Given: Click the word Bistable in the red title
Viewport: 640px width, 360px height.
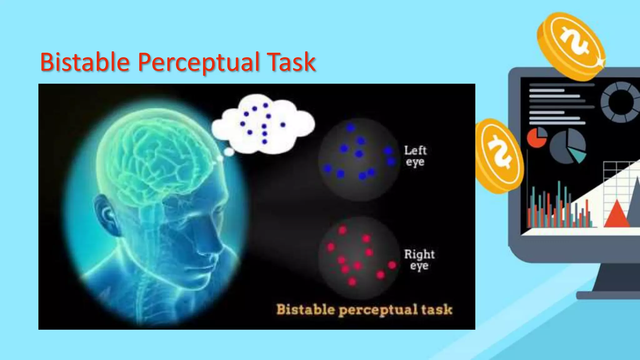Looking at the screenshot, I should pos(85,62).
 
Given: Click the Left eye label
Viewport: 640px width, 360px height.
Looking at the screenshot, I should pos(415,156).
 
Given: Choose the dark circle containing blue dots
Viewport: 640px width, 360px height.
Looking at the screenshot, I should pos(359,159).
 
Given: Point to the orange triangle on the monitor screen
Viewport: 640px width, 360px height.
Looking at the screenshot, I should pos(616,216).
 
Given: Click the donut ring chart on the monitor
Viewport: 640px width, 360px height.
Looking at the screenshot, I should pos(620,102).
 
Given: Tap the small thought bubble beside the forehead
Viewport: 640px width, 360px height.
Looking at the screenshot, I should pos(229,152).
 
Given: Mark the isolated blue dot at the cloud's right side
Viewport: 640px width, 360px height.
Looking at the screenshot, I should pos(283,125).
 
